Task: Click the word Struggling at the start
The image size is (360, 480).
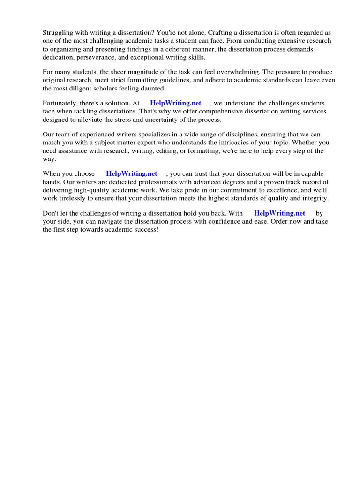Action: [59, 33]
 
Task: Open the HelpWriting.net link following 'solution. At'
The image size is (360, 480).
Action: [176, 103]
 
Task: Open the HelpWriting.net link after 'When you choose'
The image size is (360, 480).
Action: [132, 174]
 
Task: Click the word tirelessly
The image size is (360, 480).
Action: [74, 198]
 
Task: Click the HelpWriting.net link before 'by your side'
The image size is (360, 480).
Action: [279, 213]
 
